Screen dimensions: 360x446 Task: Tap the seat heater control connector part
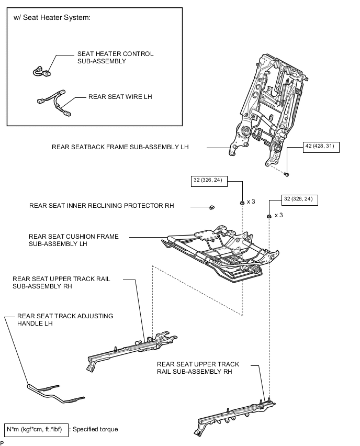42,71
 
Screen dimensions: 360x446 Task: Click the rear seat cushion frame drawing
220,254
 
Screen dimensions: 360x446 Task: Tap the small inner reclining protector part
212,207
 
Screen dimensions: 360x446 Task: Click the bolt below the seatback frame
287,174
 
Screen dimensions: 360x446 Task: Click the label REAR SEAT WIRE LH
120,97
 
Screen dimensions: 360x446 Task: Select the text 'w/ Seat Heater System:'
52,18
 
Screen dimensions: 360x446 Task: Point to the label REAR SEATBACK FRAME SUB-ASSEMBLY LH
120,147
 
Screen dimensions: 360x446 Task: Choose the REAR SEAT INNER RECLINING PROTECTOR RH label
102,206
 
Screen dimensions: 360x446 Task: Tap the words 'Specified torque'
95,429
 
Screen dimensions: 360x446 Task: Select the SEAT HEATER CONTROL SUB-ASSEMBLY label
116,58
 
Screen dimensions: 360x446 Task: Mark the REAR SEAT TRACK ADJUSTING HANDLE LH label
65,320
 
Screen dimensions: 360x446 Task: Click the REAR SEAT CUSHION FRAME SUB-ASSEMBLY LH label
74,240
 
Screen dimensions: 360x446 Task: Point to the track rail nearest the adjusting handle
131,351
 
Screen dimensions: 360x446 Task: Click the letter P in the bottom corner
2,443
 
